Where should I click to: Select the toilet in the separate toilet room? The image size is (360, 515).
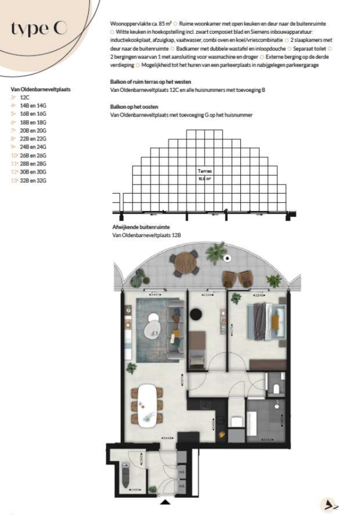click(277, 387)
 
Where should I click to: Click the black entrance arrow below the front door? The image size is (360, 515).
click(165, 503)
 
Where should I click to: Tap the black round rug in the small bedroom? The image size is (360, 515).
click(195, 313)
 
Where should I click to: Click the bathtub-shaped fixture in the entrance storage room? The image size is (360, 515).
click(124, 474)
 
